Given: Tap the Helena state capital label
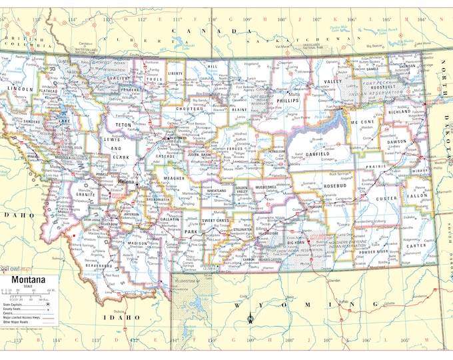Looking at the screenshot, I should pyautogui.click(x=127, y=181).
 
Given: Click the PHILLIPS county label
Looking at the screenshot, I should pyautogui.click(x=289, y=101).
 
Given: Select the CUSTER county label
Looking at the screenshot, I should pyautogui.click(x=386, y=198).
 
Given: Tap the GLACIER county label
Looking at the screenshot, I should pyautogui.click(x=118, y=78).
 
